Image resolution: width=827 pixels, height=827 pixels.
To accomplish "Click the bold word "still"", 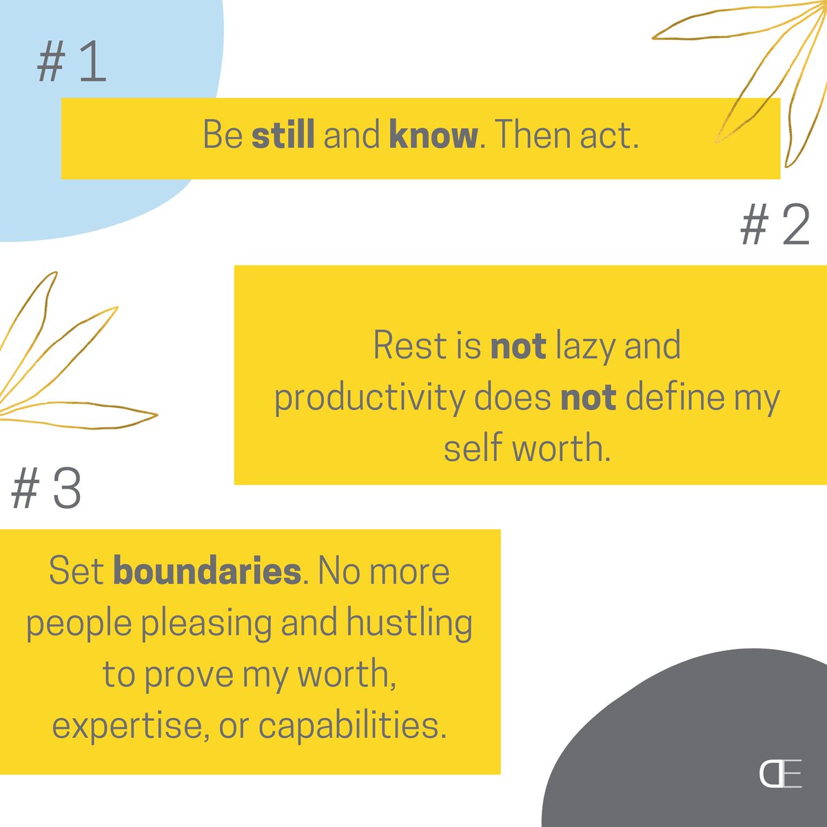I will [x=283, y=136].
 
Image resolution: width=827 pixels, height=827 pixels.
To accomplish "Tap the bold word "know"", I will [x=433, y=136].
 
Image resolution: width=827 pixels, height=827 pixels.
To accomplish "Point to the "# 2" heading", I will [x=775, y=227].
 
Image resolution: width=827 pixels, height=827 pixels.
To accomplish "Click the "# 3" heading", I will [x=46, y=489].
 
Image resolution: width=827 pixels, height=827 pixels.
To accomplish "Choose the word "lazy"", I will [x=585, y=347].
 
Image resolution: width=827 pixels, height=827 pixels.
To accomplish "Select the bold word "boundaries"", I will [x=207, y=572].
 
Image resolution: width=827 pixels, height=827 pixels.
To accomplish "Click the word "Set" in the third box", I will [x=76, y=572].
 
